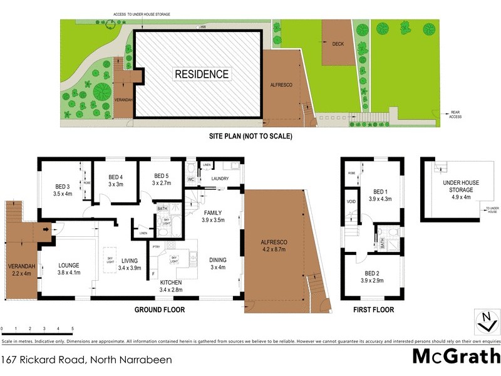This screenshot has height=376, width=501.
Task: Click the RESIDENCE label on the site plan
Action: click(201, 74)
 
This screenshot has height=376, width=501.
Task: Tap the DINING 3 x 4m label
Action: click(218, 264)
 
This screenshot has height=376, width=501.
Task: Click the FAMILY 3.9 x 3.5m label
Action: click(213, 217)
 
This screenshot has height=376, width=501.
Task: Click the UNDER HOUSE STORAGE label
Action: click(460, 186)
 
